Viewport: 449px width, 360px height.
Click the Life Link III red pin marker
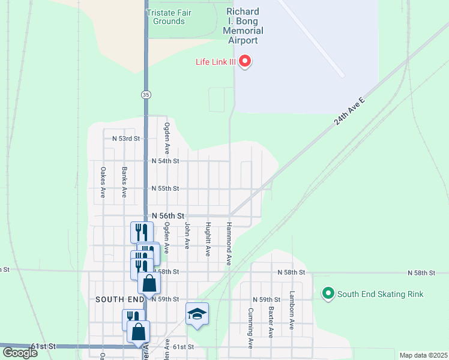245,61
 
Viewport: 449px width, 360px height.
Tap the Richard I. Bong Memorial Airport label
243,26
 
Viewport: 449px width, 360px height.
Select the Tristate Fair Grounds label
165,17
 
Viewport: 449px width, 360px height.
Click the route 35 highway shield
146,95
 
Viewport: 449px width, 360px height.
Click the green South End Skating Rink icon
328,294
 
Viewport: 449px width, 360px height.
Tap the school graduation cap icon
197,314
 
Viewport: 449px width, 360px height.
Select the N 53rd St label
125,138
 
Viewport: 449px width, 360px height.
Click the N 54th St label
165,161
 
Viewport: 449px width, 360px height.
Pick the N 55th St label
165,188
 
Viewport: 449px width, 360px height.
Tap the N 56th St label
167,215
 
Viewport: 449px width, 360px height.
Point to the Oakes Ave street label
103,182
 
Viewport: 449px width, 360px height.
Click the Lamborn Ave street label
292,311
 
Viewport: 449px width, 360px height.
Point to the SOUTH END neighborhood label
120,299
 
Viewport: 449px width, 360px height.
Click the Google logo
20,353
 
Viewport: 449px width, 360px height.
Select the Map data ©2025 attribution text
423,355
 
